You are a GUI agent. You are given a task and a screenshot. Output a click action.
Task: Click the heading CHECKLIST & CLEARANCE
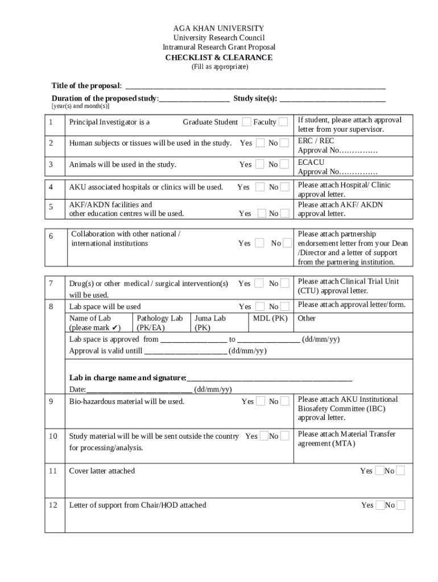[x=218, y=57]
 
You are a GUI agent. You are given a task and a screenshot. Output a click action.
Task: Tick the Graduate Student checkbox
[x=246, y=122]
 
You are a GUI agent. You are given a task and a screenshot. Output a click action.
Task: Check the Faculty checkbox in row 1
[x=283, y=122]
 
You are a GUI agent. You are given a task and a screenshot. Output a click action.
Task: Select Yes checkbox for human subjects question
[x=260, y=143]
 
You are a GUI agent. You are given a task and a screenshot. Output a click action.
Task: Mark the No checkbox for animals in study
[x=284, y=164]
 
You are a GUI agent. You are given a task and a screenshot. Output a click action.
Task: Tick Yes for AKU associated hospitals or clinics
[x=260, y=187]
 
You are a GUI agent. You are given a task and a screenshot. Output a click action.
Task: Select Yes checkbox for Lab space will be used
[x=260, y=307]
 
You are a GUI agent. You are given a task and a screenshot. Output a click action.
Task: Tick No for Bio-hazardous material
[x=284, y=401]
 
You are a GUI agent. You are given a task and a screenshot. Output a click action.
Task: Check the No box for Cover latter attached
[x=400, y=471]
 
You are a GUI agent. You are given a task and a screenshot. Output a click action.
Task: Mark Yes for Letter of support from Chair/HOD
[x=379, y=505]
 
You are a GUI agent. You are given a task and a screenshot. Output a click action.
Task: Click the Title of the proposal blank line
[x=255, y=86]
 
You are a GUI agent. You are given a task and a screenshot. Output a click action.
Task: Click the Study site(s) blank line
[x=332, y=99]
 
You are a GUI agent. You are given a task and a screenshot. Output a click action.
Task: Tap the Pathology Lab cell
[x=160, y=323]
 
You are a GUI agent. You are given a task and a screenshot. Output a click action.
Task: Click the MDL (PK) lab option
[x=270, y=318]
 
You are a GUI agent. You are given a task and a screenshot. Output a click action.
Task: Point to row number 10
[x=53, y=436]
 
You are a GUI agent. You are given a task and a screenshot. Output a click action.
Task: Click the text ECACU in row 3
[x=311, y=162]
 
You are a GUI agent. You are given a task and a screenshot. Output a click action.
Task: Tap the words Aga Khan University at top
[x=218, y=28]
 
